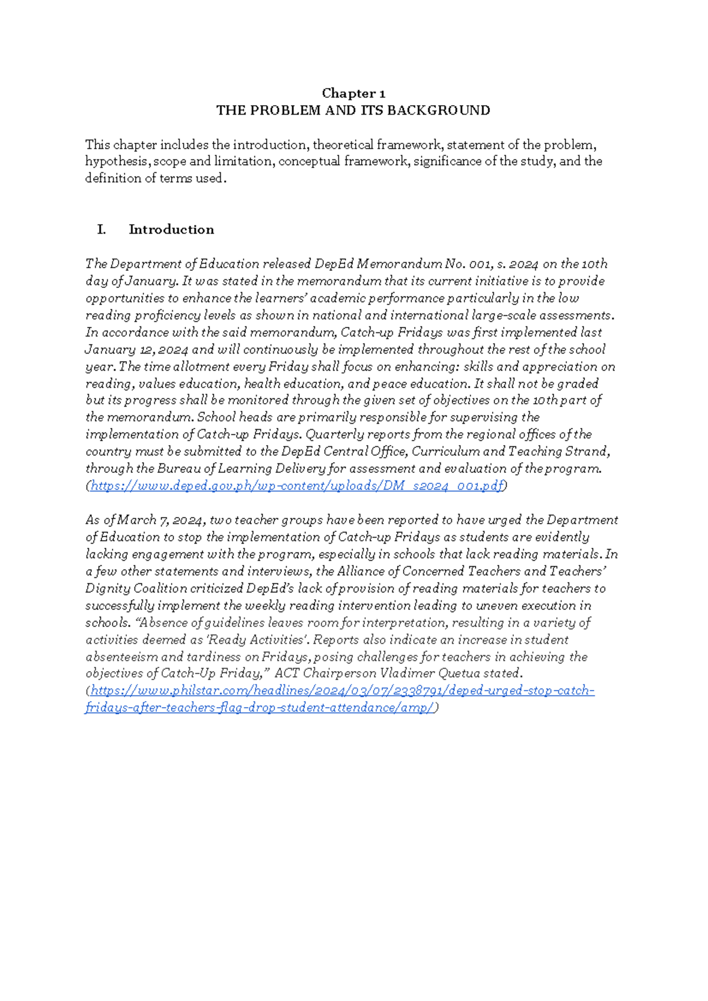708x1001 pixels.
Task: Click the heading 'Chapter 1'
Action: pos(353,93)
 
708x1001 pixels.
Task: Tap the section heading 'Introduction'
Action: pos(171,230)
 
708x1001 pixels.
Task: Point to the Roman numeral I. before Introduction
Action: pos(101,230)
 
